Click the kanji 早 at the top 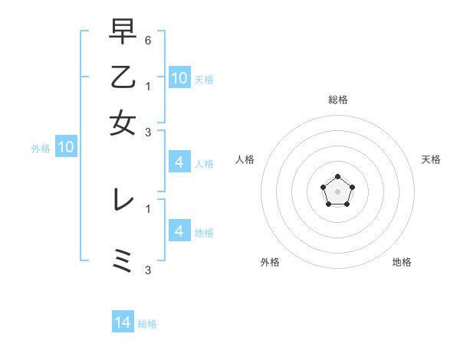click(123, 33)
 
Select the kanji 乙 click(123, 77)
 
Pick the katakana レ click(123, 200)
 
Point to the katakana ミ click(123, 260)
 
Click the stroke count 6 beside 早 click(148, 39)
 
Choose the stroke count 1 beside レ click(148, 207)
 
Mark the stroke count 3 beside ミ click(148, 270)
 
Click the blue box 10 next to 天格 click(179, 78)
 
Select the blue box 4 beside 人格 click(179, 162)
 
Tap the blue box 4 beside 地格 click(179, 231)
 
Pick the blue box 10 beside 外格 click(66, 148)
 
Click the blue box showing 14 click(123, 322)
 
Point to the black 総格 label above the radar click(337, 100)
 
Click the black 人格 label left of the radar click(245, 159)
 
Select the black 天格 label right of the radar click(431, 159)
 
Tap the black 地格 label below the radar click(402, 262)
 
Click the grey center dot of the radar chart click(337, 191)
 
